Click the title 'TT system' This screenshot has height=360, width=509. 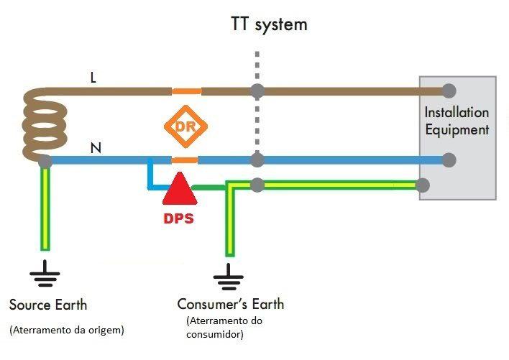point(268,24)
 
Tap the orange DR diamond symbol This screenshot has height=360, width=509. point(185,126)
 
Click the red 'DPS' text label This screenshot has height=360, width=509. point(176,218)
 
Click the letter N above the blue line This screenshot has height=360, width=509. point(95,149)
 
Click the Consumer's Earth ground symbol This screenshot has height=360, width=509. point(229,275)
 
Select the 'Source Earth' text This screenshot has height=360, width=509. point(48,305)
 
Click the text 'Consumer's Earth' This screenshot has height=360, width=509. point(231,305)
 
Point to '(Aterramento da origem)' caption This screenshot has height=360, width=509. point(67,331)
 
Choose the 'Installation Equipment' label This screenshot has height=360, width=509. point(457,121)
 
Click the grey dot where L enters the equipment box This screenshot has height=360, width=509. point(449,91)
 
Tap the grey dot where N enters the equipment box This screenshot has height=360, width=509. point(449,160)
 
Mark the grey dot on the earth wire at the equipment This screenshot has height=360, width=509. point(423,185)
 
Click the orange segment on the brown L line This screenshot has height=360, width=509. point(186,91)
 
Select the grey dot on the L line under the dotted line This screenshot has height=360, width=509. point(256,91)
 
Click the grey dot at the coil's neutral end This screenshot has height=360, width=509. point(45,160)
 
